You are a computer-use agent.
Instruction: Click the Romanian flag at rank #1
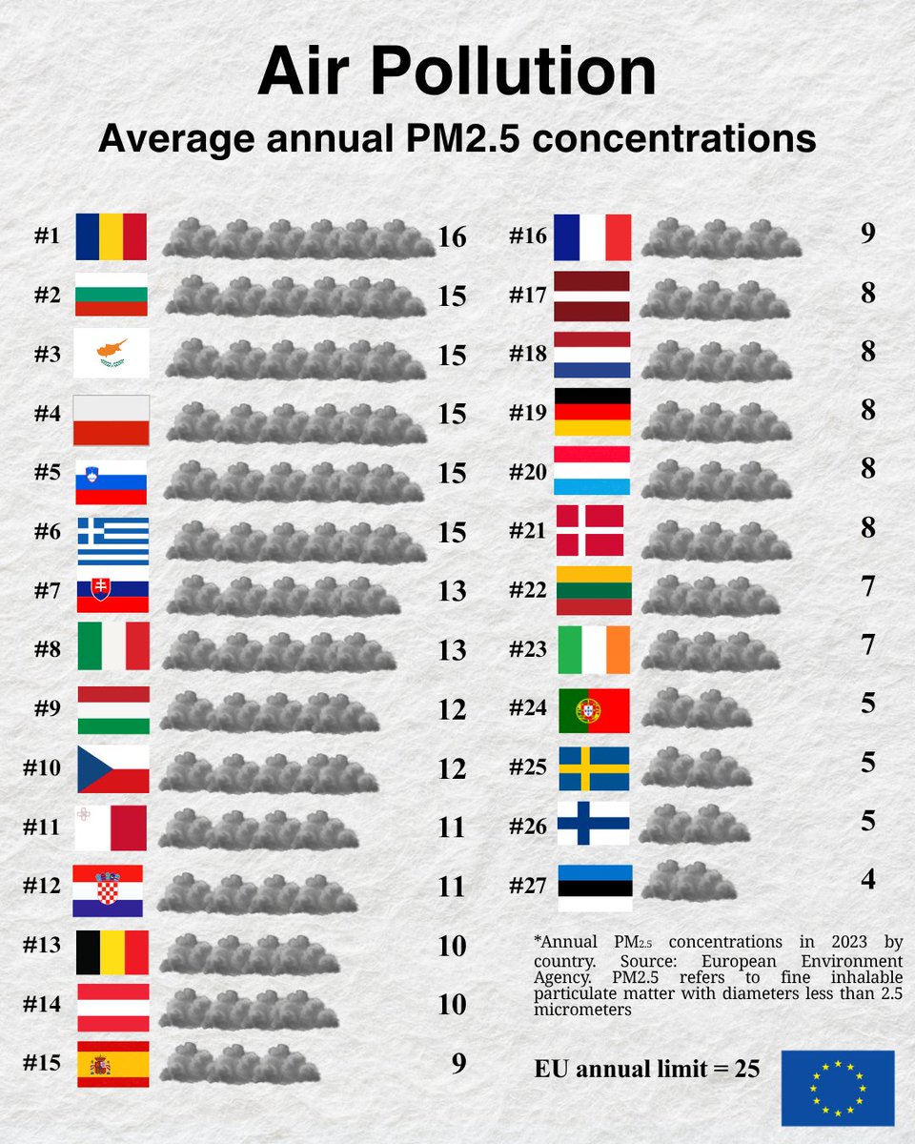tap(111, 236)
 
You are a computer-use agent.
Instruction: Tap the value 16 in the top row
tap(452, 237)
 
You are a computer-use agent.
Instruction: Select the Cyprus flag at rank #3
tap(111, 354)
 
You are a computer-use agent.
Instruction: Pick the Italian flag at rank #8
tap(112, 647)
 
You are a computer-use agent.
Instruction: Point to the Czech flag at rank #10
tap(112, 768)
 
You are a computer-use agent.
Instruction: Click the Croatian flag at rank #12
tap(109, 889)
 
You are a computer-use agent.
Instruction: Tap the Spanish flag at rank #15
tap(112, 1064)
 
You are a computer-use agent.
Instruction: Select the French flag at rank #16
tap(592, 236)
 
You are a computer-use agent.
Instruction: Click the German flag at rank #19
tap(592, 412)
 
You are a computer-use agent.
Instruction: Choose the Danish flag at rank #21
tap(591, 530)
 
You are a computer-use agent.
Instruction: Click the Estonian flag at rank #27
tap(595, 887)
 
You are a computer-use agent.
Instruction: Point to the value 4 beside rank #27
tap(867, 878)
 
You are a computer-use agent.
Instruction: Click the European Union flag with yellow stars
tap(838, 1088)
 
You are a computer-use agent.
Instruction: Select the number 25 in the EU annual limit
tap(746, 1069)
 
